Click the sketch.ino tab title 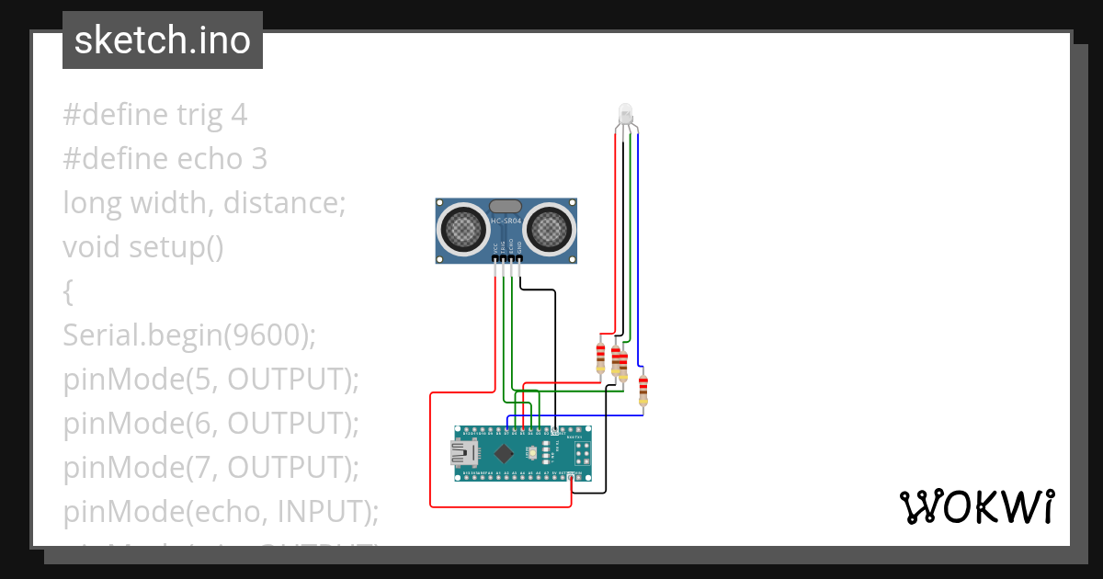[x=163, y=40]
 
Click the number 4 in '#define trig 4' [x=239, y=115]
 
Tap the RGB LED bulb [x=626, y=114]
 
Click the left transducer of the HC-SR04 [x=464, y=226]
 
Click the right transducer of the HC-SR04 [x=549, y=226]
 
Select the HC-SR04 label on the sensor [x=506, y=221]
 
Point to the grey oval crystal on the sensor [x=506, y=207]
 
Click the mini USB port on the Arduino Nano [x=463, y=453]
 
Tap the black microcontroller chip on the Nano [x=504, y=453]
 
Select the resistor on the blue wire [x=643, y=390]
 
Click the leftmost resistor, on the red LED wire [x=601, y=357]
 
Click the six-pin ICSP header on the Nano [x=581, y=453]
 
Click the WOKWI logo [x=976, y=506]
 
